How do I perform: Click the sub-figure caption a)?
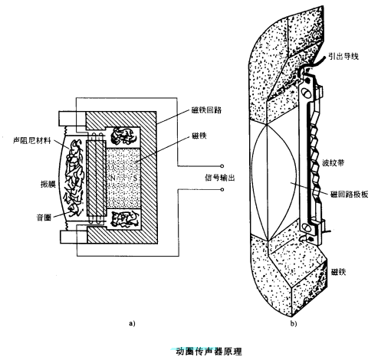click(x=131, y=323)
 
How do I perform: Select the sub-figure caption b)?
click(x=294, y=323)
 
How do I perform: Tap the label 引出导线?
click(x=343, y=56)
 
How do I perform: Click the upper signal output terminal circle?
click(x=222, y=166)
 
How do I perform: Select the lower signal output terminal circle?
click(x=222, y=191)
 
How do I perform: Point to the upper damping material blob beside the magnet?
click(x=123, y=136)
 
